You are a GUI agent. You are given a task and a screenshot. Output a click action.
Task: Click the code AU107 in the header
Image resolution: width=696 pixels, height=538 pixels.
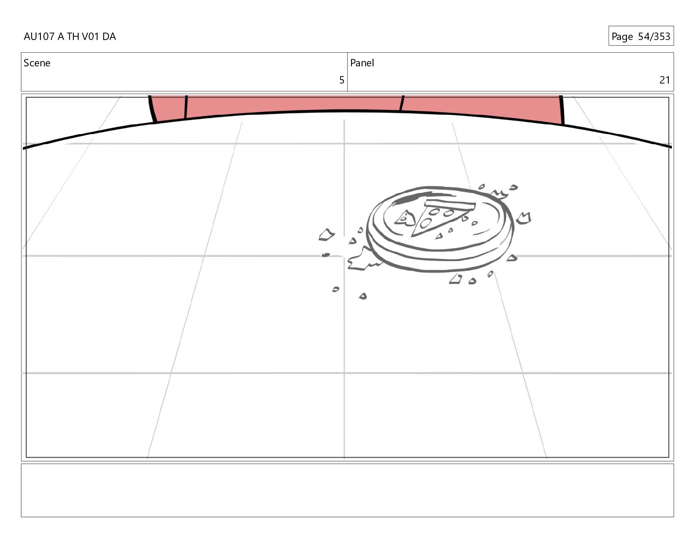39,36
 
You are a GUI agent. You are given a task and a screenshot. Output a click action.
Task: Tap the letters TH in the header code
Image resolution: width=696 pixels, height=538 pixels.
73,36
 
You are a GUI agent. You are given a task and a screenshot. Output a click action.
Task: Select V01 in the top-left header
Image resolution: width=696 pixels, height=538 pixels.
91,36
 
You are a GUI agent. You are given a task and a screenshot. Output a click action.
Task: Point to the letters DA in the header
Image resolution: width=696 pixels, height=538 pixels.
109,36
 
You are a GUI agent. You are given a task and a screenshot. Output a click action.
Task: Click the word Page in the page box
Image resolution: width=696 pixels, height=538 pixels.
622,37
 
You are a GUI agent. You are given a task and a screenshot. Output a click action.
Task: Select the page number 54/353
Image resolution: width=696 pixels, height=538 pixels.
654,36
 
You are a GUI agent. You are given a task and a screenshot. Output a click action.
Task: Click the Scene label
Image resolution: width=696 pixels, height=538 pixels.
37,63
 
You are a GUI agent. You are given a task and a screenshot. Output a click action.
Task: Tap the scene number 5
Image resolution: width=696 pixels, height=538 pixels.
342,80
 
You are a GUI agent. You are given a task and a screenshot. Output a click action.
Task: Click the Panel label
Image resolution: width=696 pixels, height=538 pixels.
362,63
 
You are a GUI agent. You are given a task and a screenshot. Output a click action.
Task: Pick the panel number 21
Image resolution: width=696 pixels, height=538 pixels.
665,80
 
